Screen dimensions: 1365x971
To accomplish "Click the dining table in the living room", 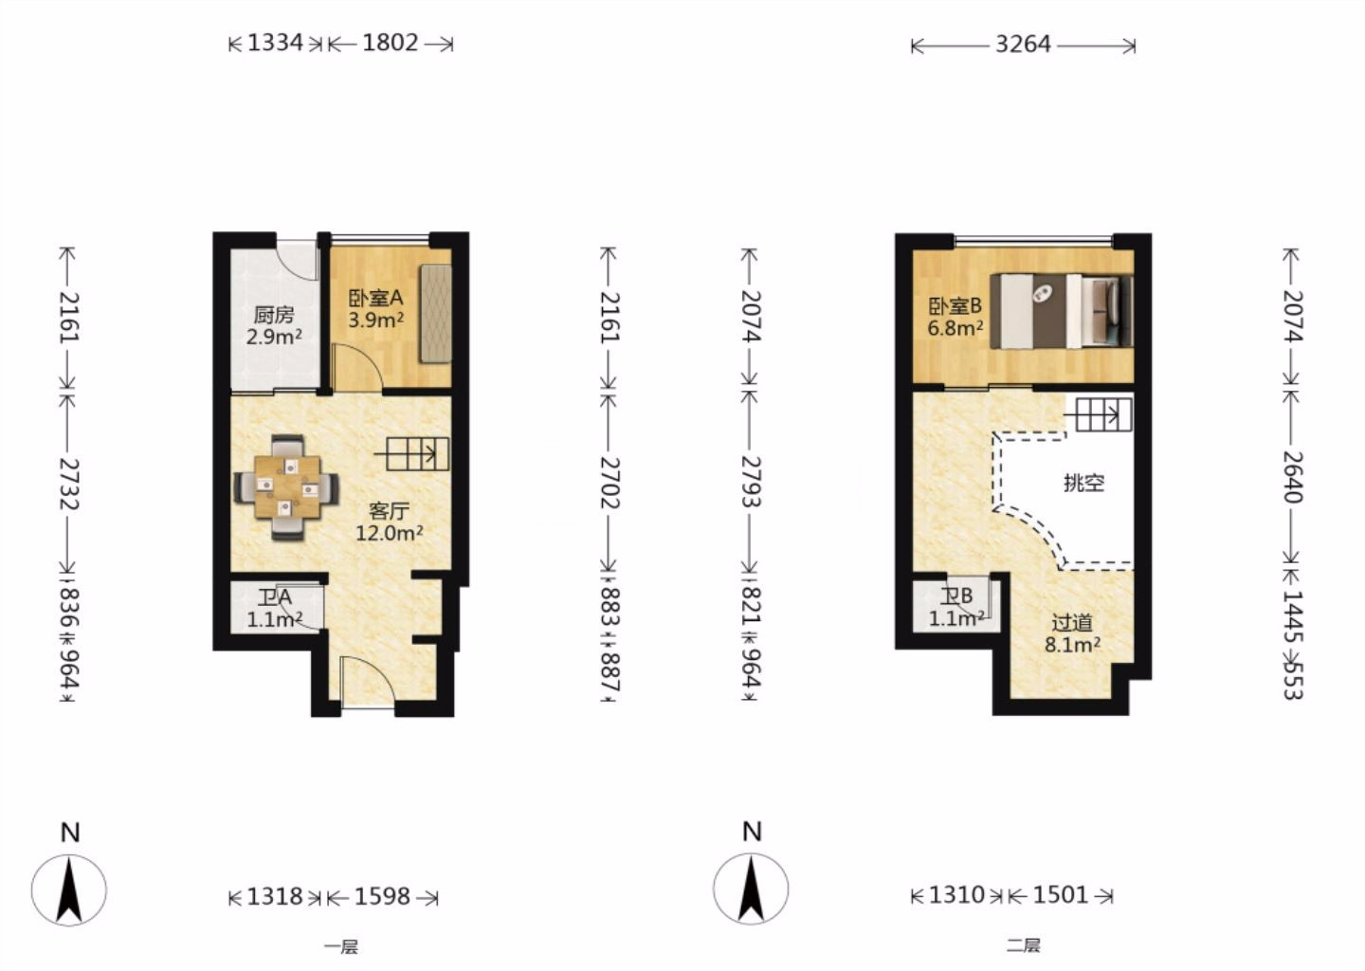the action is tap(287, 487).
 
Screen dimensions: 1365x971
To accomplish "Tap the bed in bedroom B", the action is tap(1061, 311).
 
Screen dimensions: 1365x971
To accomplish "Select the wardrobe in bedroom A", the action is tap(435, 313).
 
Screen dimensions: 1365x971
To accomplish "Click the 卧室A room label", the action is tap(375, 298).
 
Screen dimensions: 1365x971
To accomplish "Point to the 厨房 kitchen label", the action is tap(274, 315).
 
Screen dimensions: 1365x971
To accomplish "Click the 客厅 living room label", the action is tap(389, 511).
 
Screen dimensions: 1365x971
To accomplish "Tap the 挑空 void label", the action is tap(1084, 483).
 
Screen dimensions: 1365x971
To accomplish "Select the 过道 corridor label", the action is tap(1072, 623).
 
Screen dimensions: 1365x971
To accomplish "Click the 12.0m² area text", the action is tap(389, 533).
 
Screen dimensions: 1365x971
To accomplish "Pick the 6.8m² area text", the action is tap(955, 328).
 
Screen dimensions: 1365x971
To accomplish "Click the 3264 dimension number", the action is tap(1023, 45).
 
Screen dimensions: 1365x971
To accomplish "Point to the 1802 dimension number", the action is tap(391, 44).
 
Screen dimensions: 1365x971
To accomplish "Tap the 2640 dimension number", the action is tap(1293, 477).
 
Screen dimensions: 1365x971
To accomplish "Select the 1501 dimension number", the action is tap(1061, 895).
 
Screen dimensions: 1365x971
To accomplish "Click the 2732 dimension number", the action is tap(69, 484).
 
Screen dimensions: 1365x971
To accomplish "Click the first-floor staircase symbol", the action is tap(412, 454).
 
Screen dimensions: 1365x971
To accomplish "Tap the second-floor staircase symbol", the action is tap(1098, 415).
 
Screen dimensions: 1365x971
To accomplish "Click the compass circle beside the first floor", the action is tap(69, 890).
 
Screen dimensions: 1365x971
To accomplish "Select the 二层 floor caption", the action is tap(1024, 945).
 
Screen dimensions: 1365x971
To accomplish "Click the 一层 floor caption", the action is tap(341, 946).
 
